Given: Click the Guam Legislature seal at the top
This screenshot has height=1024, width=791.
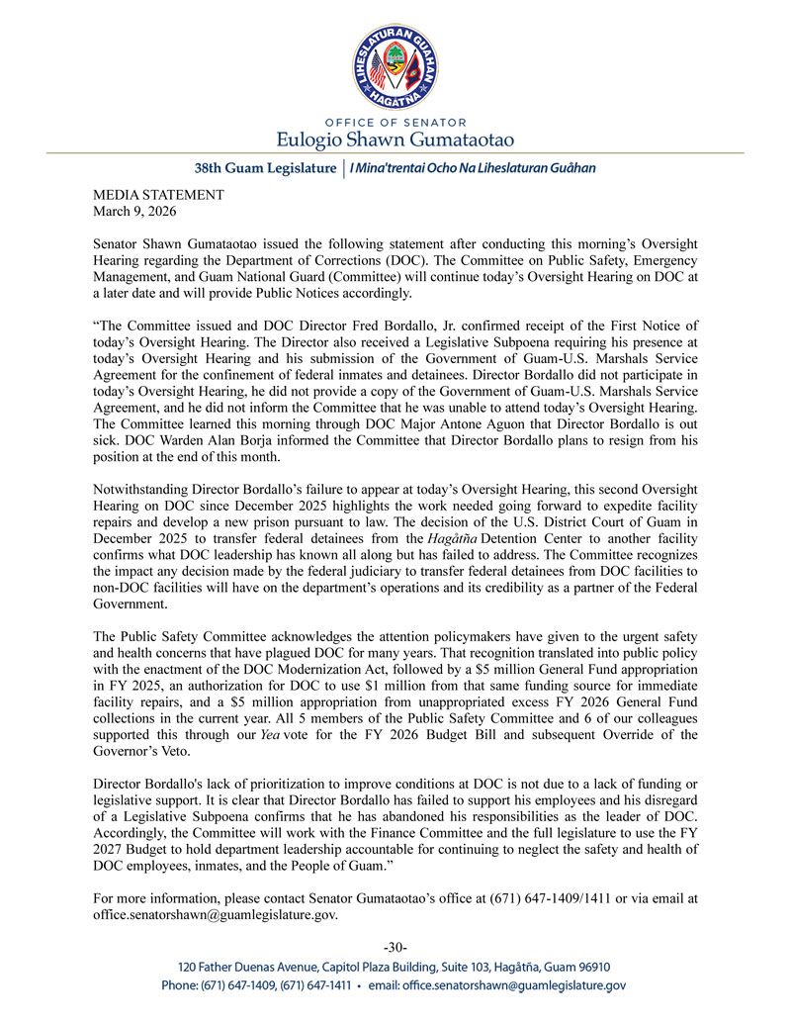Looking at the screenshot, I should tap(395, 59).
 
